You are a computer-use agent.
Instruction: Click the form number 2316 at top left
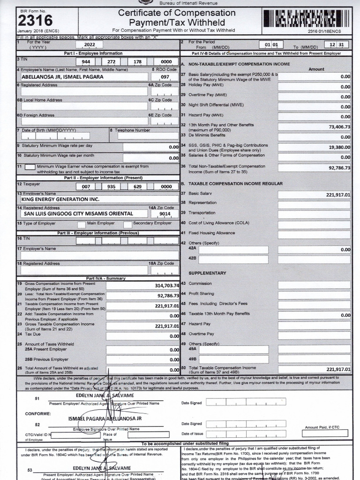[35, 20]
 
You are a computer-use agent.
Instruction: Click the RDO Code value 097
[165, 77]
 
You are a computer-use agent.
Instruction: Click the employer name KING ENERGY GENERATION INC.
[61, 199]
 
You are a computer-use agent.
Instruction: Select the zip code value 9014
[165, 213]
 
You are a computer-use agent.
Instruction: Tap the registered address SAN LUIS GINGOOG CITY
[78, 213]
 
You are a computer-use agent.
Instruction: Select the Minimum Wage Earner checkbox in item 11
[30, 167]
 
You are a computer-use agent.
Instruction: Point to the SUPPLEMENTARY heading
[207, 273]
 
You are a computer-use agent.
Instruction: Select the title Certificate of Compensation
[176, 13]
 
